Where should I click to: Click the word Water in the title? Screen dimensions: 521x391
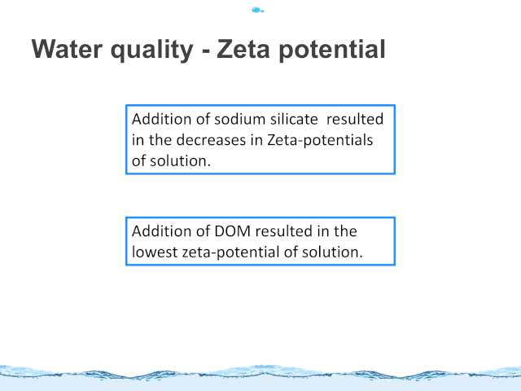[x=67, y=49]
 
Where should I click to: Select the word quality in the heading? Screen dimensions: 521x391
[x=152, y=51]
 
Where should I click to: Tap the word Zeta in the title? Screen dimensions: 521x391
[x=243, y=49]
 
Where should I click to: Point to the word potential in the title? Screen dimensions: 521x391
[x=332, y=51]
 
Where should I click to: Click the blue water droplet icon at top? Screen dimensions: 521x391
[x=257, y=11]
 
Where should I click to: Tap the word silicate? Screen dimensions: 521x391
[x=294, y=119]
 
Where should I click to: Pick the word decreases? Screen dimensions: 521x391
[x=211, y=140]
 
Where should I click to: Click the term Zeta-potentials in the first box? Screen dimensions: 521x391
[x=320, y=140]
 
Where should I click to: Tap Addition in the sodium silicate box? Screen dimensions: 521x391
[x=161, y=119]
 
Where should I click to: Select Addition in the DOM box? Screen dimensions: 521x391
[x=161, y=231]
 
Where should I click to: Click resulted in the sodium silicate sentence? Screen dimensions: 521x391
[x=355, y=119]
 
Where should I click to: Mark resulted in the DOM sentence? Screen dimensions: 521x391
[x=283, y=231]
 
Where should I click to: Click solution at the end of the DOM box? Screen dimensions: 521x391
[x=332, y=252]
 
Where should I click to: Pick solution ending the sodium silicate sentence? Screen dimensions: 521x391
[x=180, y=161]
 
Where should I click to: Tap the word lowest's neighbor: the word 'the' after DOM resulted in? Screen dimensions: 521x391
[x=345, y=231]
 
